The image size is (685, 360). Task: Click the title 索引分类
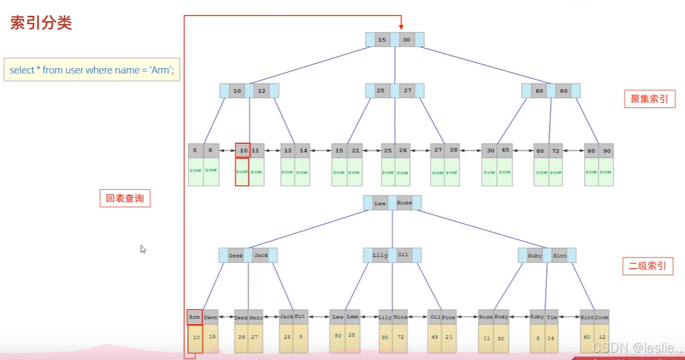[x=41, y=23]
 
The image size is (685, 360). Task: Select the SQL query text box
[x=92, y=70]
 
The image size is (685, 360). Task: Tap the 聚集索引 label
[x=649, y=98]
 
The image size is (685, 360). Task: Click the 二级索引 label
[x=648, y=266]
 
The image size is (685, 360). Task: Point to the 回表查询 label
[x=125, y=198]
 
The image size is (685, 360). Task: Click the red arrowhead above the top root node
[x=401, y=26]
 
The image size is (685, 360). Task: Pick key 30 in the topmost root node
[x=406, y=40]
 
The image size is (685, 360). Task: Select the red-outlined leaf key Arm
[x=195, y=317]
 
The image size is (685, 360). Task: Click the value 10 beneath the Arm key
[x=195, y=337]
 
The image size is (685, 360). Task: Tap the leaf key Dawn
[x=211, y=317]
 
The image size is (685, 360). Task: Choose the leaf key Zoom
[x=601, y=317]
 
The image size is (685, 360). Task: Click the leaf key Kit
[x=300, y=317]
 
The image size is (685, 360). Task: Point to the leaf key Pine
[x=449, y=317]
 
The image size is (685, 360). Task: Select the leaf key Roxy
[x=501, y=317]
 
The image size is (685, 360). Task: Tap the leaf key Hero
[x=256, y=317]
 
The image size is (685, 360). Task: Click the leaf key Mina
[x=401, y=317]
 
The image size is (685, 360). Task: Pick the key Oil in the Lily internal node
[x=403, y=255]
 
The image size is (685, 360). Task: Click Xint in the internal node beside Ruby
[x=560, y=255]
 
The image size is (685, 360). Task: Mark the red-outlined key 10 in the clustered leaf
[x=243, y=151]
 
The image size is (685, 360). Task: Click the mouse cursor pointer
[x=143, y=249]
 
